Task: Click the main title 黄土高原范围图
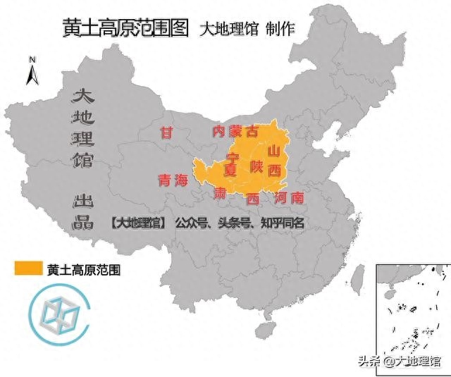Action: click(126, 27)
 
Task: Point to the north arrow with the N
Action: click(32, 70)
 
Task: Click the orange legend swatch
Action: click(27, 268)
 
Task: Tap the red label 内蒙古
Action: click(235, 132)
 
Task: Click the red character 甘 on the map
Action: click(166, 132)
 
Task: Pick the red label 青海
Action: click(173, 180)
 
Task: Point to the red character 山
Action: click(274, 151)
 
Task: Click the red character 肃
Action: click(221, 192)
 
